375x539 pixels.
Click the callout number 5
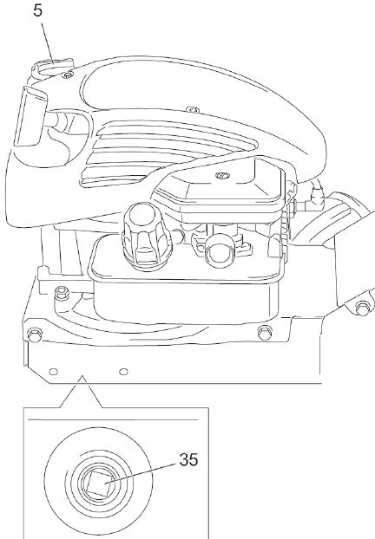(38, 10)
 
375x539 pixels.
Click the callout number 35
(188, 459)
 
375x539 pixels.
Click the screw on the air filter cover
(222, 175)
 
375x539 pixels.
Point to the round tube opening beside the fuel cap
(220, 251)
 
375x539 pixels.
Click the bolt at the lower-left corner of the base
(34, 334)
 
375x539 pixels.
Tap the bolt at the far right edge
(362, 308)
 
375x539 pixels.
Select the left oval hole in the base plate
(53, 371)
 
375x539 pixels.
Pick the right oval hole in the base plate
(123, 371)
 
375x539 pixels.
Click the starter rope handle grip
(30, 117)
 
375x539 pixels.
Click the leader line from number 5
(48, 42)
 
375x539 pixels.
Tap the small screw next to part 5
(69, 75)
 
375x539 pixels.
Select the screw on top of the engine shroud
(194, 110)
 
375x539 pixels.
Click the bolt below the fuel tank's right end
(265, 333)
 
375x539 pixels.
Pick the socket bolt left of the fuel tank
(62, 293)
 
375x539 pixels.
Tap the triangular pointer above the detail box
(82, 392)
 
